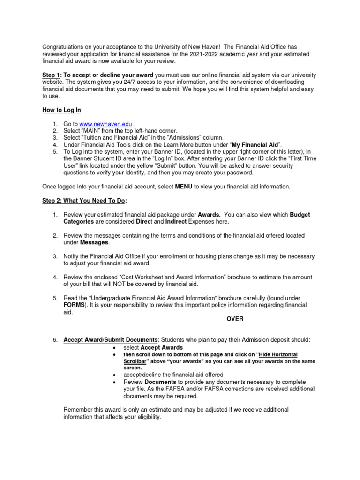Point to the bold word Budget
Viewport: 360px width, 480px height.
tap(300, 214)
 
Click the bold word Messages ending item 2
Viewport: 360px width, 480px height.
tap(94, 242)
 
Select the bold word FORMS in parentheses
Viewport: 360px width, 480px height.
tap(74, 305)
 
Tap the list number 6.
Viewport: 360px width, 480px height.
tap(54, 340)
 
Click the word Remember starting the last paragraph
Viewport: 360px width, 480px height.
tap(79, 410)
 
